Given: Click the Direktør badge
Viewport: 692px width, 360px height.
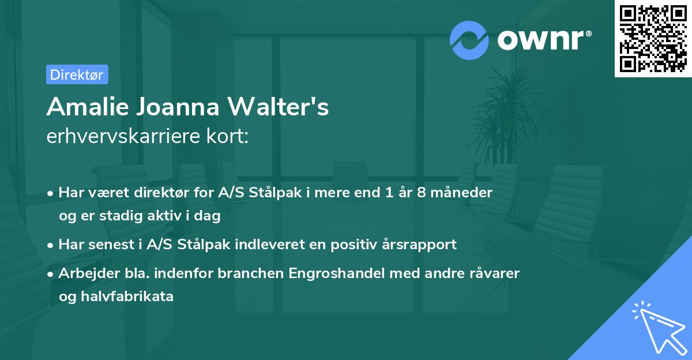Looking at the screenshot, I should (77, 74).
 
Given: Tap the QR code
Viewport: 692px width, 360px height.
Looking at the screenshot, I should (653, 39).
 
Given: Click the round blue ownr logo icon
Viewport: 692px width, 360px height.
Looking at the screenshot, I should (469, 40).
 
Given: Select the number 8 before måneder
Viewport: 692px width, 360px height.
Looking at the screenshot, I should (422, 193).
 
